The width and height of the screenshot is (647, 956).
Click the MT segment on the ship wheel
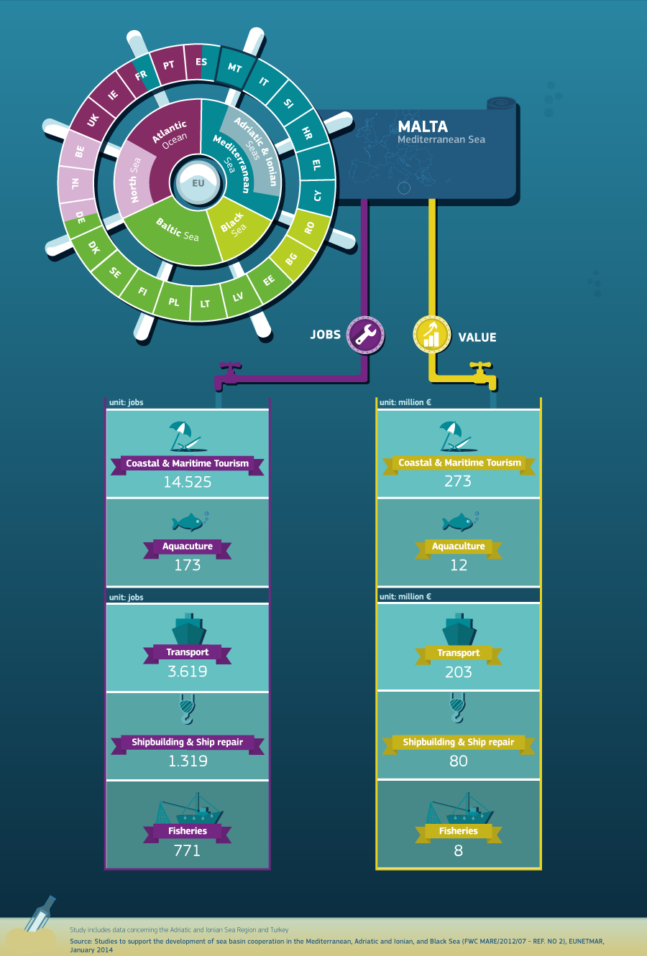(x=234, y=68)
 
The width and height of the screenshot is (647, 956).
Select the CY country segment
(x=317, y=196)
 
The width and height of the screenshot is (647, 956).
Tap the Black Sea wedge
(x=237, y=227)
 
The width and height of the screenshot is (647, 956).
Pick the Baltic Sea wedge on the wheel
(x=175, y=233)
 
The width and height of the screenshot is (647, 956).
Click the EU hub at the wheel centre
(x=198, y=182)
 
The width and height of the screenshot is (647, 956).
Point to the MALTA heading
(x=423, y=126)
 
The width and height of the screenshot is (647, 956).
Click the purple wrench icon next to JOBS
(x=365, y=335)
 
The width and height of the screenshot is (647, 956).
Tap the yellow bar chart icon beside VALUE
(x=432, y=335)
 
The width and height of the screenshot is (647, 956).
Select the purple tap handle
(x=231, y=366)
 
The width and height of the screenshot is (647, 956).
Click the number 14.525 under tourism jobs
(x=188, y=482)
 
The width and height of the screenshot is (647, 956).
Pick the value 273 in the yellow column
(x=458, y=481)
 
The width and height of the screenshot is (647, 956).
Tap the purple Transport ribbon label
(x=188, y=653)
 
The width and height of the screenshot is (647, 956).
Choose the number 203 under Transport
(x=458, y=672)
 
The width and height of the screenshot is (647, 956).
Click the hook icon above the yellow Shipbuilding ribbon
(x=458, y=708)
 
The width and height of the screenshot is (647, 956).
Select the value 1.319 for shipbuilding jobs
(x=188, y=761)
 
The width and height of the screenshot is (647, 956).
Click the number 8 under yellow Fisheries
(x=458, y=850)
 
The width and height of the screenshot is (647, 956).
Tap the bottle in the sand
(x=40, y=914)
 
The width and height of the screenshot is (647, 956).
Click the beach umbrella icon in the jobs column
(x=188, y=436)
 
